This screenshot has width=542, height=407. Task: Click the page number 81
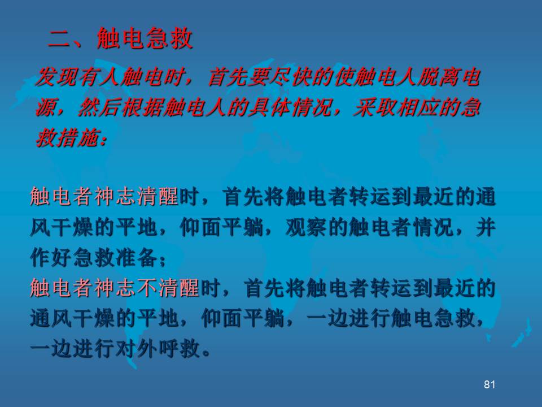tap(489, 384)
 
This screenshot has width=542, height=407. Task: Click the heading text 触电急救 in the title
tap(145, 38)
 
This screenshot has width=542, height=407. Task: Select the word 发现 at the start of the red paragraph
tap(57, 77)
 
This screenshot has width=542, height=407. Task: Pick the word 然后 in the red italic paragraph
tap(99, 107)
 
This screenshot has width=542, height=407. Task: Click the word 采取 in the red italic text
tap(375, 107)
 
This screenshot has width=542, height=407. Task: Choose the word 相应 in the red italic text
tap(417, 107)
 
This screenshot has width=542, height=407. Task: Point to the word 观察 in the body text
tap(307, 227)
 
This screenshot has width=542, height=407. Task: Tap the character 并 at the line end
tap(486, 227)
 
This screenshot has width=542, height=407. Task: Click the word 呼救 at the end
tap(179, 348)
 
